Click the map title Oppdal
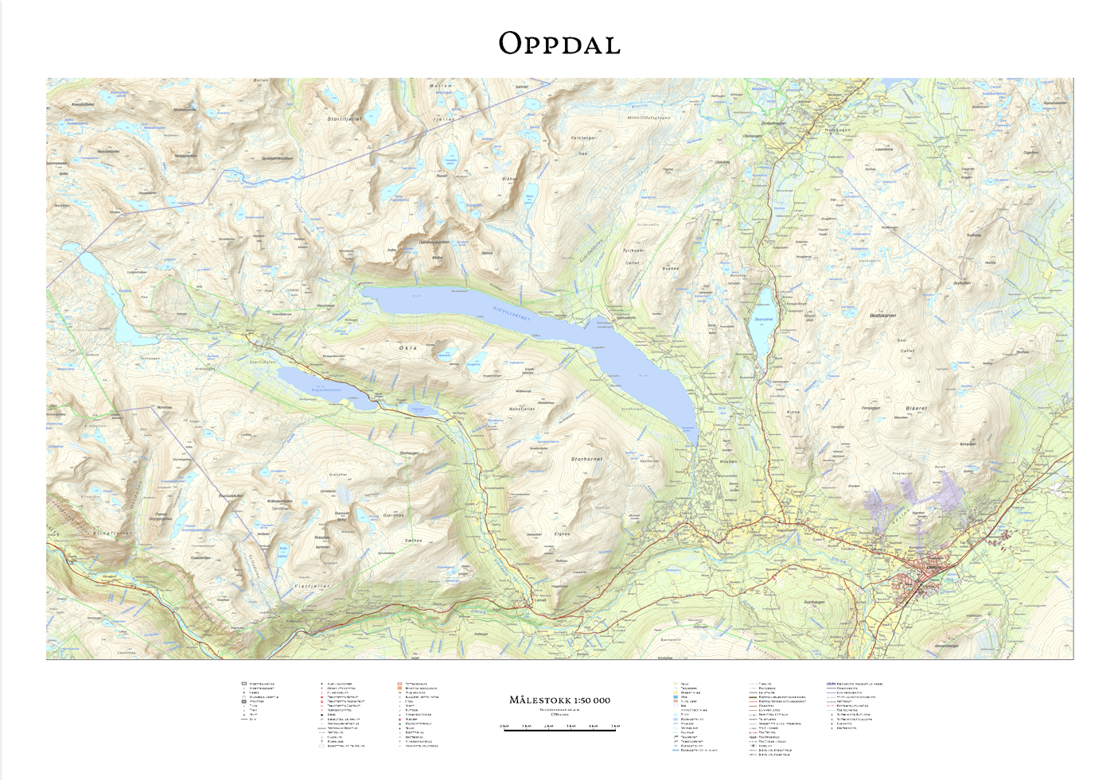[559, 45]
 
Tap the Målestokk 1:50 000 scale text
[559, 700]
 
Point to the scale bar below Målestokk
[559, 728]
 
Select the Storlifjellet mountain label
[345, 119]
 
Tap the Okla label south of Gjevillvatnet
[408, 348]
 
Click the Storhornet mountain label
[586, 460]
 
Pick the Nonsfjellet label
[522, 409]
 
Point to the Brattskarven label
[882, 316]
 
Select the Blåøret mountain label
[916, 409]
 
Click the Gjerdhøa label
[393, 515]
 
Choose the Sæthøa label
[412, 541]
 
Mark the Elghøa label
[562, 534]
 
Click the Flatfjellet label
[312, 586]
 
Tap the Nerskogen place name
[838, 130]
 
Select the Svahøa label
[671, 269]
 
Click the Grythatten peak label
[962, 283]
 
